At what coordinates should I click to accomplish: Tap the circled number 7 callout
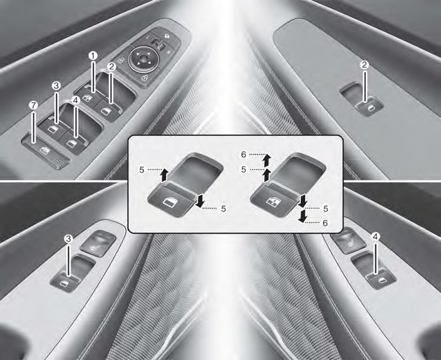[x=33, y=106]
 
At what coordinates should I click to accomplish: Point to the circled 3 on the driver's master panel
[x=56, y=85]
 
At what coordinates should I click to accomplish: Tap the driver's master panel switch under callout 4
[x=72, y=142]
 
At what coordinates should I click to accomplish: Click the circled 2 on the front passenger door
[x=364, y=65]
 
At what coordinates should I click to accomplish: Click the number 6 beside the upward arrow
[x=244, y=154]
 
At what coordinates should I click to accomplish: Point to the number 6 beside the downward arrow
[x=325, y=223]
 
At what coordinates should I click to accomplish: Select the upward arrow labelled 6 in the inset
[x=267, y=160]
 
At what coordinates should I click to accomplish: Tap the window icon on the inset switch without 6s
[x=169, y=202]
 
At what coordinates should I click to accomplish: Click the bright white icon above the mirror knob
[x=167, y=36]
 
